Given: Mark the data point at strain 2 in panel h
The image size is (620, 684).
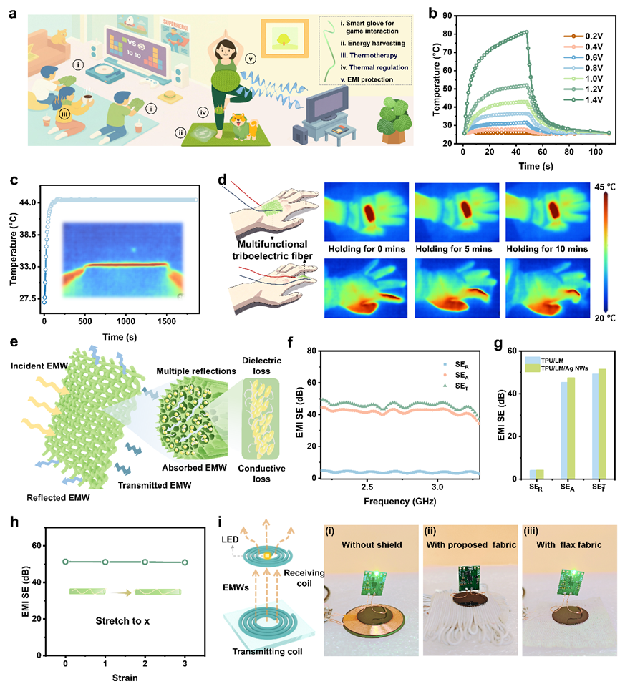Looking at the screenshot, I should (x=145, y=562).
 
